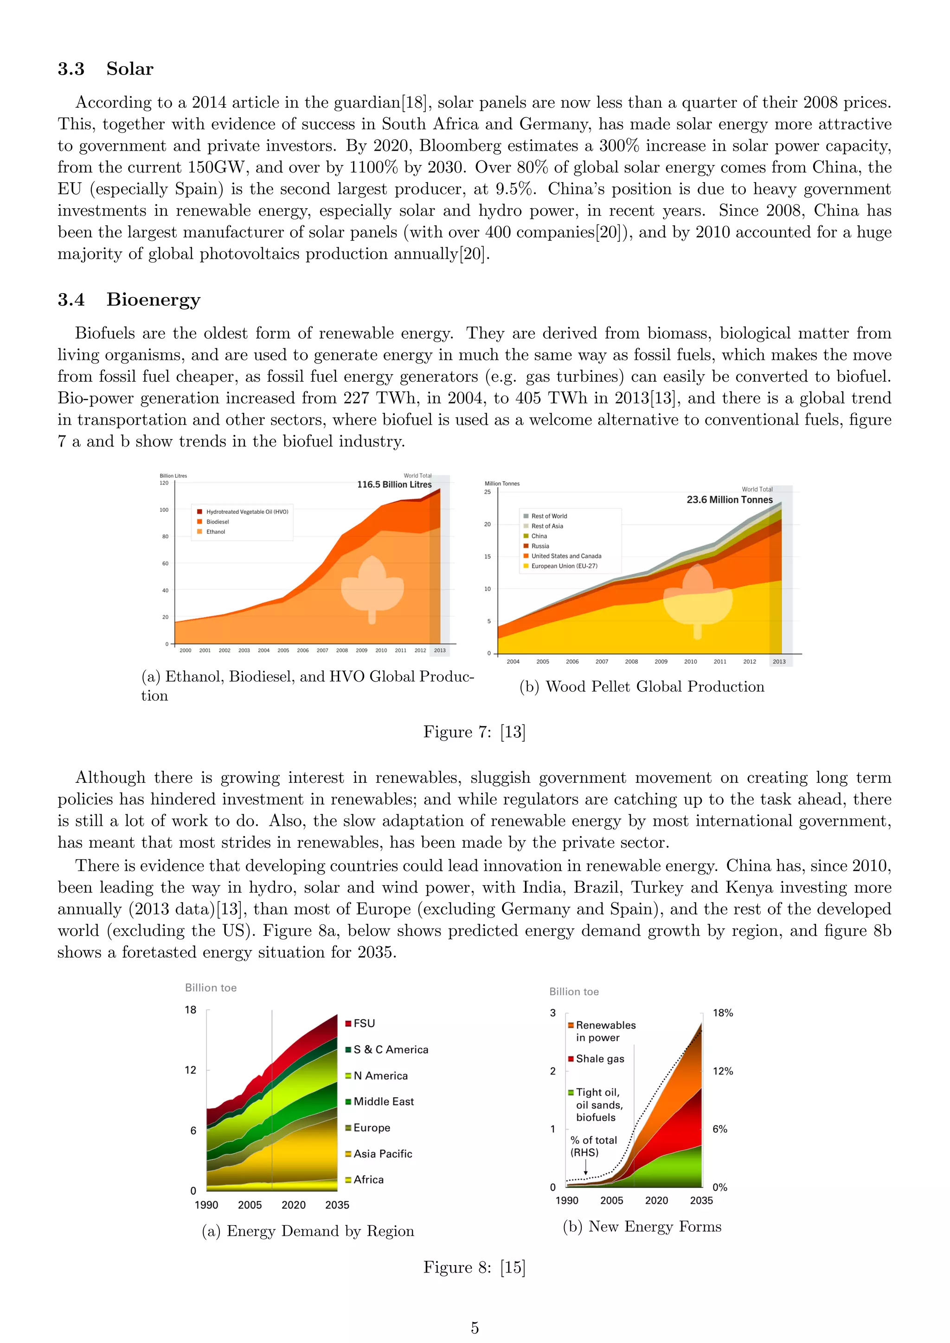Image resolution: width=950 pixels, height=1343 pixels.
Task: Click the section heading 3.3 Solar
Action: (105, 69)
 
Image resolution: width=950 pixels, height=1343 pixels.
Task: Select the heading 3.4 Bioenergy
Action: (128, 300)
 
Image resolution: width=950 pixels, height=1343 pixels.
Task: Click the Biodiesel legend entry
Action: (217, 522)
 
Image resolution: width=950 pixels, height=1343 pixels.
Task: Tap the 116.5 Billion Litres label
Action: (394, 484)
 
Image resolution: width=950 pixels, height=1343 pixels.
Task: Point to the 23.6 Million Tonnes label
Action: (730, 499)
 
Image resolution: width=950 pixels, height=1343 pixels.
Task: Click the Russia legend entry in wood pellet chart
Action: (540, 546)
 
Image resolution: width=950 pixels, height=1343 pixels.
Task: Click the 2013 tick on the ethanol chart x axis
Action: (440, 650)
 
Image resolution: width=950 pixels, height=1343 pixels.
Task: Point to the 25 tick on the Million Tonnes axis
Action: (487, 492)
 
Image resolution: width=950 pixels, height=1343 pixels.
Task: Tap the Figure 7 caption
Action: (475, 732)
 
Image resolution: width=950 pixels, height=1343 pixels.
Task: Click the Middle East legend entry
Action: (383, 1101)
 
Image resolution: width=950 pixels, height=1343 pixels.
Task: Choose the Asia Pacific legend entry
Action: (383, 1153)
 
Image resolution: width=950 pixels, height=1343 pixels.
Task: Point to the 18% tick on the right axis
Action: (722, 1012)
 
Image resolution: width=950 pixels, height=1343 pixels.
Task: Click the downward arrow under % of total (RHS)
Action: (585, 1168)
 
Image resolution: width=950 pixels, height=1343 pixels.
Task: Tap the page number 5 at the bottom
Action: (475, 1328)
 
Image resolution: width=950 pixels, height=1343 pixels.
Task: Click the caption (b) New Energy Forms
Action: (642, 1226)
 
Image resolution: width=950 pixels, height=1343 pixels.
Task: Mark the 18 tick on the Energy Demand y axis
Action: (191, 1010)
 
